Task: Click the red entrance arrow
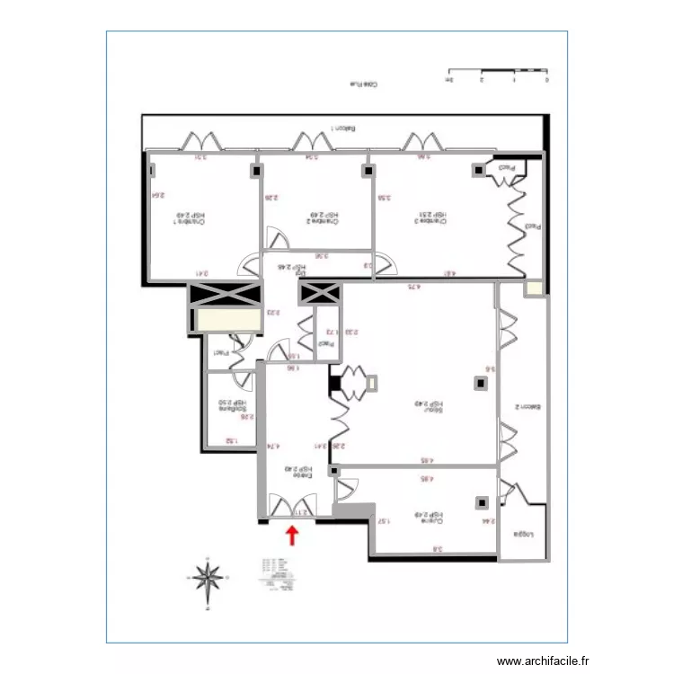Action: tap(291, 537)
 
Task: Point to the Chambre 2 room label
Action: tap(324, 217)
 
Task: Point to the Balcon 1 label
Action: tap(341, 129)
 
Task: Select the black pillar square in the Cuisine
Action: tap(482, 502)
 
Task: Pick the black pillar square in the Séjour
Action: tap(480, 384)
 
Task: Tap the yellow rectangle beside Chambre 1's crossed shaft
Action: tap(223, 321)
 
